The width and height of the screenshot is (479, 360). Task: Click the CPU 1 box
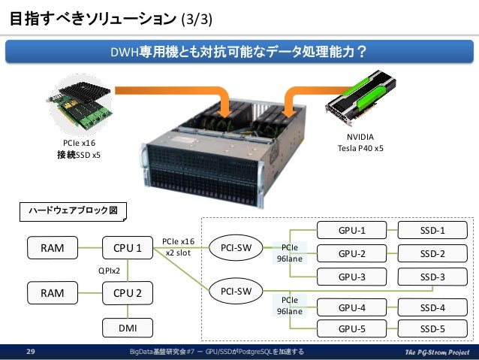[128, 247]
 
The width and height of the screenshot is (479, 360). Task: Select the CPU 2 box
[128, 292]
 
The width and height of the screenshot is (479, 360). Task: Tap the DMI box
[128, 327]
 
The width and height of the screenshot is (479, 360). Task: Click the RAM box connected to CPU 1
[52, 247]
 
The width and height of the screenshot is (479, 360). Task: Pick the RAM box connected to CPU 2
[52, 292]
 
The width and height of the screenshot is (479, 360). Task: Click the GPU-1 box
[351, 230]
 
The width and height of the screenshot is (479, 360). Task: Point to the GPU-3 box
[351, 277]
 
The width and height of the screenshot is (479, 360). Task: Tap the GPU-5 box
[351, 328]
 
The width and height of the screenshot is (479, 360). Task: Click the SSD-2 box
[432, 253]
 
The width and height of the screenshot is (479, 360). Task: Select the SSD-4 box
[432, 307]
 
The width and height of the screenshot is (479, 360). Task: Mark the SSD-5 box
[432, 328]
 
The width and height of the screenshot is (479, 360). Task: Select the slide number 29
[32, 351]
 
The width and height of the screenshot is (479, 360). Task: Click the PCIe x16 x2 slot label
[179, 247]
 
